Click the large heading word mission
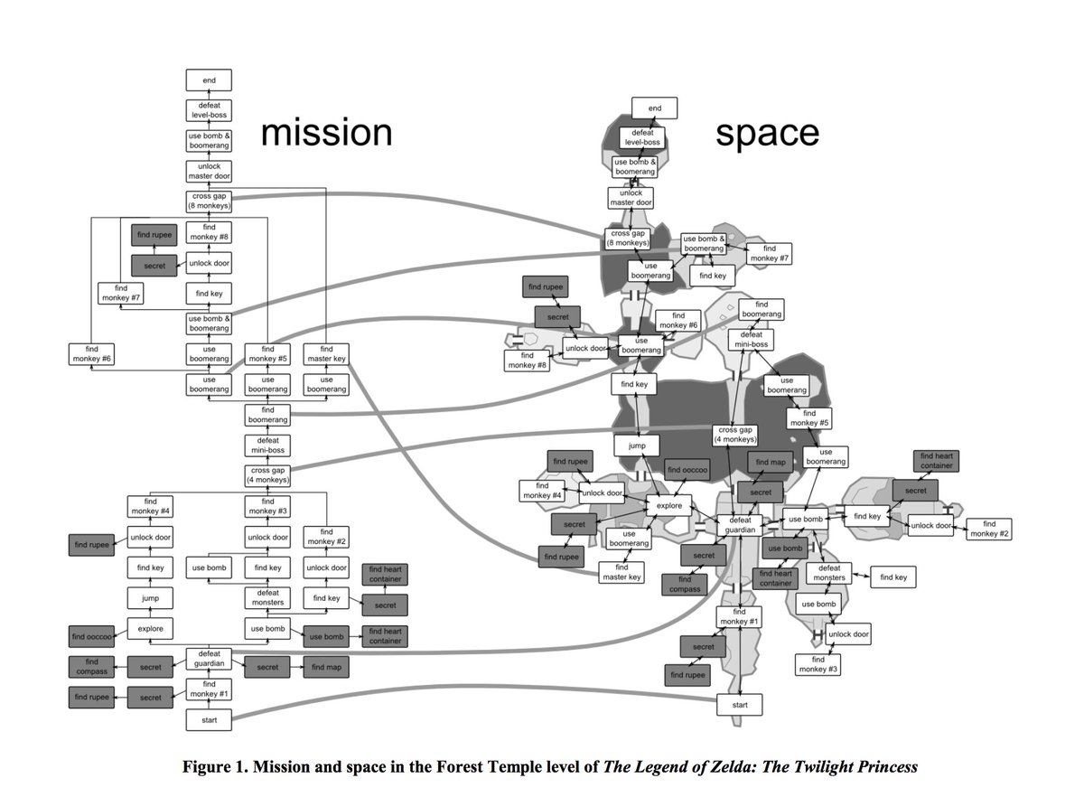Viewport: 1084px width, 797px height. (327, 132)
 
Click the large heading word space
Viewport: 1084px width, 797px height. (767, 132)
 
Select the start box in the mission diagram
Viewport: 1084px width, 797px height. (209, 720)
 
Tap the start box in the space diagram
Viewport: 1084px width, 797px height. (740, 704)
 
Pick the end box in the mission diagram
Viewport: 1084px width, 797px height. (209, 80)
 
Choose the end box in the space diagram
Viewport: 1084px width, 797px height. (655, 108)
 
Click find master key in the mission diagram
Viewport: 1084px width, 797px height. (326, 354)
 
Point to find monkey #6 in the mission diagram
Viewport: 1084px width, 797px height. (92, 354)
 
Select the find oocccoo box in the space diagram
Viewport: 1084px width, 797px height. (687, 471)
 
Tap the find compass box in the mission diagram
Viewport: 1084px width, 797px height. (92, 668)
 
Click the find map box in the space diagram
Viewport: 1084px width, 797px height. (771, 463)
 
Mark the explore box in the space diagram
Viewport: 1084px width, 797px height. (669, 506)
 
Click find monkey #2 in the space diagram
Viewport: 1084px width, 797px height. (989, 529)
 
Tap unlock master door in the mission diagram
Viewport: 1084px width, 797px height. (209, 171)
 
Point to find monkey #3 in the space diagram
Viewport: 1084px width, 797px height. (818, 665)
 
